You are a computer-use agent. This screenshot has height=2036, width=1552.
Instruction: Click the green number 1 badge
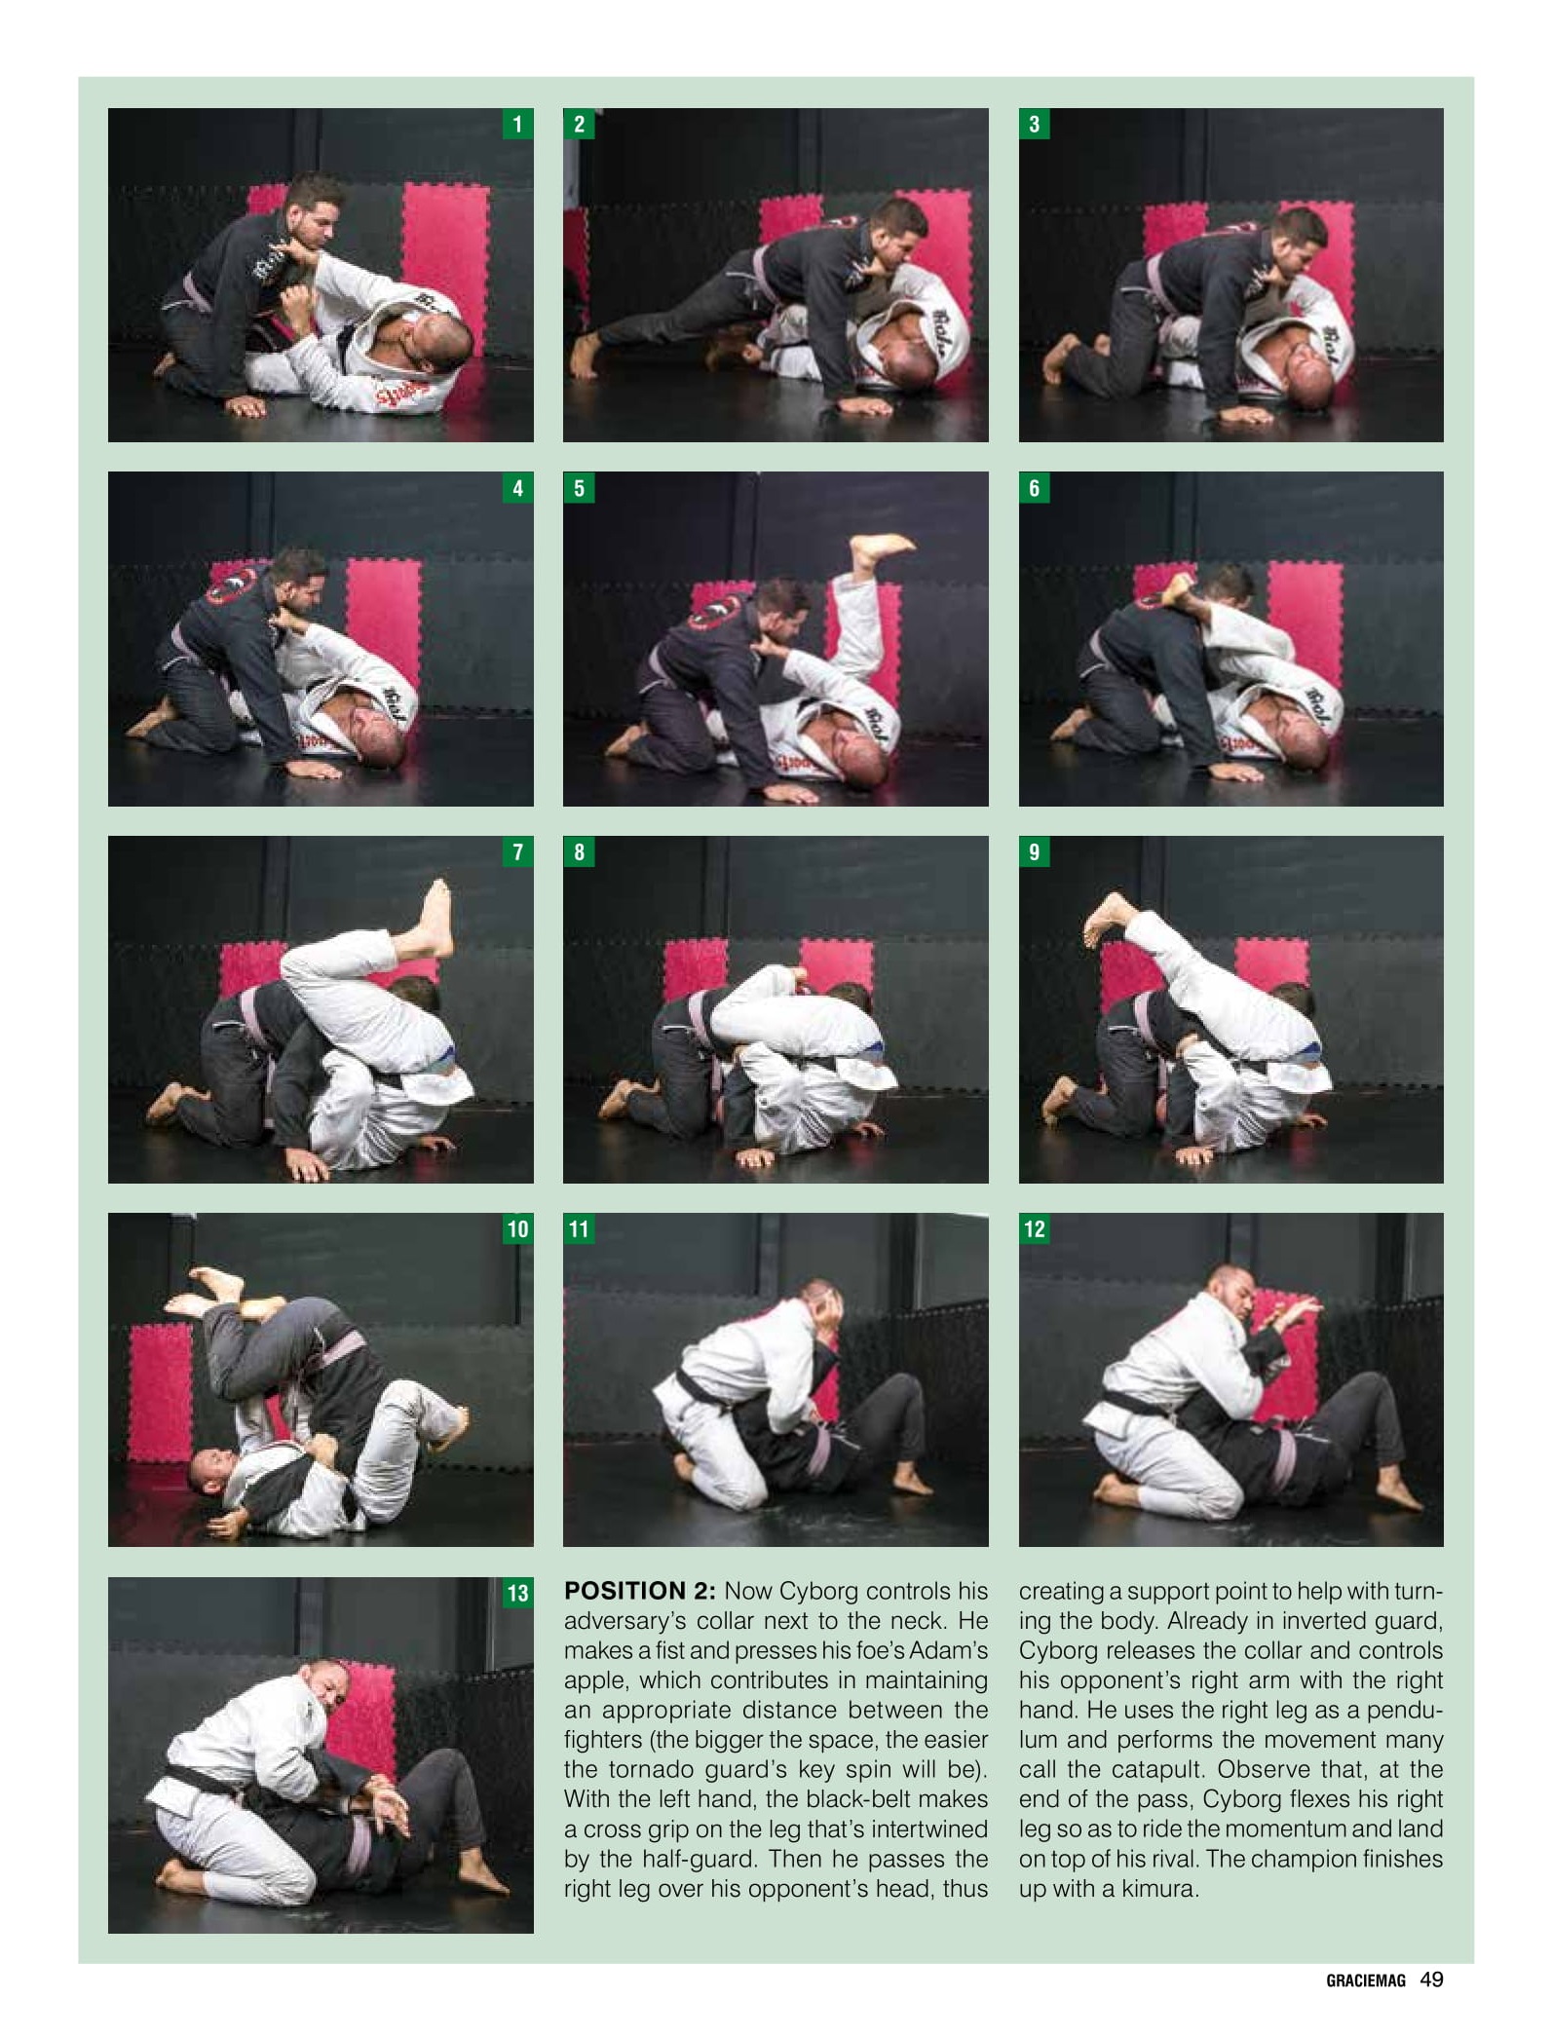pyautogui.click(x=517, y=124)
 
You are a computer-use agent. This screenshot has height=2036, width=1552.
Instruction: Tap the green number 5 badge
pyautogui.click(x=580, y=488)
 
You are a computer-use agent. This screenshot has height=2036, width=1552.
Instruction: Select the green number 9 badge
pyautogui.click(x=1035, y=852)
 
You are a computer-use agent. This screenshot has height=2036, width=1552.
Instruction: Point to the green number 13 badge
pyautogui.click(x=517, y=1594)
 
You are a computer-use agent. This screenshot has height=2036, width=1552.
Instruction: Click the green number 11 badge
pyautogui.click(x=580, y=1229)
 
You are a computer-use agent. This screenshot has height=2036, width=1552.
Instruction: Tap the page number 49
pyautogui.click(x=1431, y=1979)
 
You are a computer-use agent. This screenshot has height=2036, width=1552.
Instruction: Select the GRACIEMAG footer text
pyautogui.click(x=1366, y=1980)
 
